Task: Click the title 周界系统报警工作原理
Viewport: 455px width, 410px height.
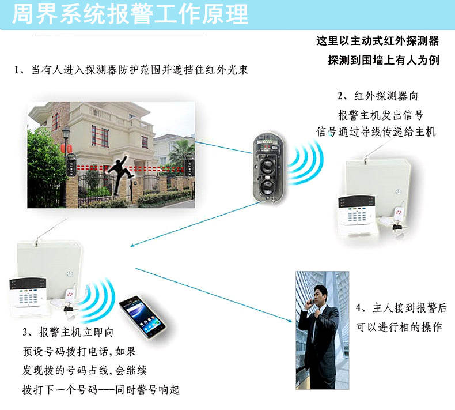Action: pyautogui.click(x=130, y=14)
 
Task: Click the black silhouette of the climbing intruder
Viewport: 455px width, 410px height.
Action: pyautogui.click(x=120, y=174)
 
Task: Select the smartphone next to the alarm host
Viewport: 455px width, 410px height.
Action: pyautogui.click(x=142, y=317)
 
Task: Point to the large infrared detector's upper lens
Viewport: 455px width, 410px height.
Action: pyautogui.click(x=267, y=165)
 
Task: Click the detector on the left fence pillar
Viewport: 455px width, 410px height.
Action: pyautogui.click(x=71, y=164)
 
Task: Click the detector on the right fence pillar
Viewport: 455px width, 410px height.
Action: pyautogui.click(x=189, y=164)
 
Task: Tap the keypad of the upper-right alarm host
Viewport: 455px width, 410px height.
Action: pyautogui.click(x=357, y=215)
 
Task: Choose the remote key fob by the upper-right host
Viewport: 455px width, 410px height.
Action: pyautogui.click(x=397, y=213)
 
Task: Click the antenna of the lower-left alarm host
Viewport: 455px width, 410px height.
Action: pyautogui.click(x=51, y=232)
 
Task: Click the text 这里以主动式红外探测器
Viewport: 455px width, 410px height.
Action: pyautogui.click(x=377, y=41)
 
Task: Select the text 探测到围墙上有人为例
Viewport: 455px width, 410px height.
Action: pyautogui.click(x=384, y=61)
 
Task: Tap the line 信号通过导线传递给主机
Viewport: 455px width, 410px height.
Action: pyautogui.click(x=376, y=131)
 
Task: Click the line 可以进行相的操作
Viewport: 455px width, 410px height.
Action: pyautogui.click(x=399, y=328)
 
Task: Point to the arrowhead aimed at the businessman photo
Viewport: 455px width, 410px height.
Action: pyautogui.click(x=290, y=321)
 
